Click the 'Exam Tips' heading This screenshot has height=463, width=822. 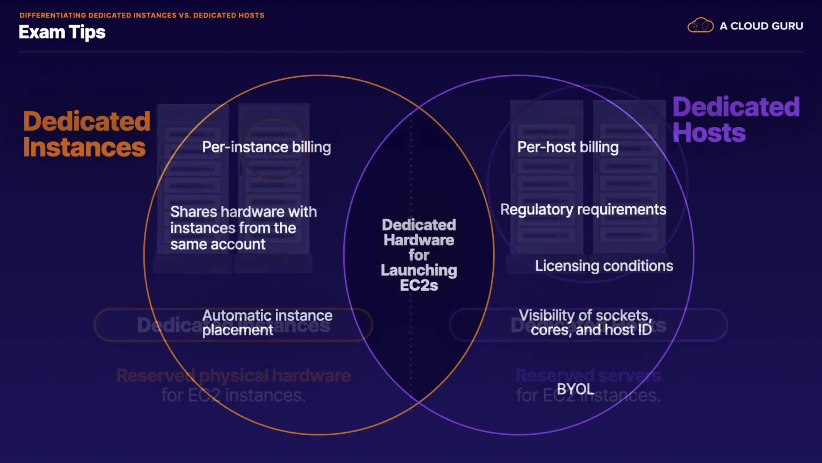click(62, 32)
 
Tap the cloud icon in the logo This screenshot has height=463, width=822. click(700, 25)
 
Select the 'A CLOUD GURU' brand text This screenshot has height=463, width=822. click(761, 26)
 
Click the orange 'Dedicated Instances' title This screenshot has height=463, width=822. click(86, 134)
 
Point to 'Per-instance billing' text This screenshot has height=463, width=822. click(266, 147)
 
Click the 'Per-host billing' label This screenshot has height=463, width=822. click(568, 147)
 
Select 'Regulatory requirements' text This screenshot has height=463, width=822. click(583, 210)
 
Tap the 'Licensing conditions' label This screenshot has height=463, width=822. click(604, 266)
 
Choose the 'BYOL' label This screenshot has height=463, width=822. click(575, 389)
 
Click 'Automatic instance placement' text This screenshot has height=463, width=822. click(267, 322)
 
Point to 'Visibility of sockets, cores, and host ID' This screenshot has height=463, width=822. click(585, 322)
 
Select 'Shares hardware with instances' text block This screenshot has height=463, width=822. click(243, 228)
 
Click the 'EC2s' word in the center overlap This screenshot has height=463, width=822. click(419, 286)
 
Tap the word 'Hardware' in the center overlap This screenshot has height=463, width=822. click(419, 240)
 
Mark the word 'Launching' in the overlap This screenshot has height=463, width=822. click(419, 271)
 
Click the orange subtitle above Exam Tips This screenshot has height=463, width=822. click(142, 15)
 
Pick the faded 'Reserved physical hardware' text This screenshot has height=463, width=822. click(234, 376)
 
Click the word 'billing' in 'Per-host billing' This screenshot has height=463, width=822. click(599, 147)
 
